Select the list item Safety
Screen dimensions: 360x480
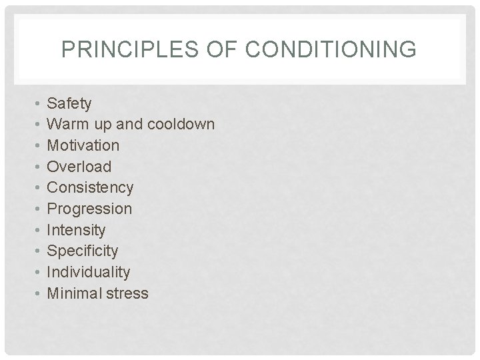click(x=69, y=103)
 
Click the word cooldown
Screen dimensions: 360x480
click(x=181, y=124)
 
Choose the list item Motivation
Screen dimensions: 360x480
click(x=83, y=145)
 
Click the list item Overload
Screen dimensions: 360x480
click(x=79, y=167)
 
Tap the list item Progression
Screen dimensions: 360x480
click(x=89, y=209)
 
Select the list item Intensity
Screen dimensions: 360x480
click(x=76, y=230)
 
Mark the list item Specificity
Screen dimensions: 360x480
click(x=83, y=251)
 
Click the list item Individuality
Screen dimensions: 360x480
click(x=88, y=272)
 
